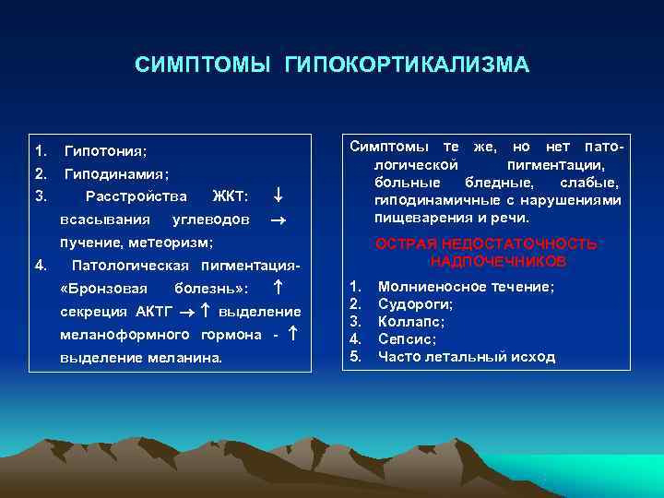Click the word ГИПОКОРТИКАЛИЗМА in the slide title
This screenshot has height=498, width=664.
(408, 65)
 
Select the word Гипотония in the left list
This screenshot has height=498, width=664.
(105, 150)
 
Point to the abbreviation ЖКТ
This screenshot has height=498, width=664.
(230, 196)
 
